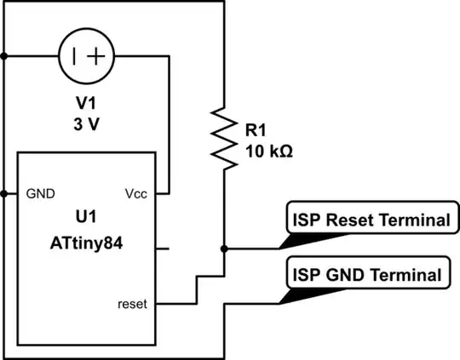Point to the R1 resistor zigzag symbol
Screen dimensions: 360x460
point(223,136)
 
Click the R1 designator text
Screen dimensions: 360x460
point(256,131)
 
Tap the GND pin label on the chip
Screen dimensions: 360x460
point(42,193)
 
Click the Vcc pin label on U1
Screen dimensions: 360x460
point(135,193)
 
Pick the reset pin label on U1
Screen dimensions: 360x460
point(132,303)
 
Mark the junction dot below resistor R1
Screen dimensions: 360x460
point(223,249)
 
